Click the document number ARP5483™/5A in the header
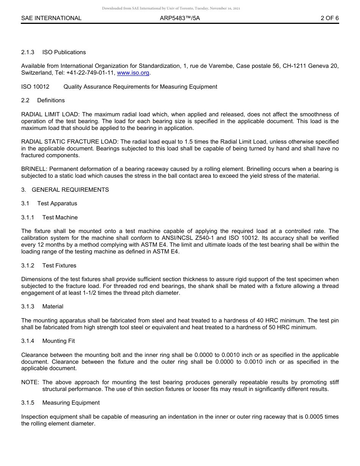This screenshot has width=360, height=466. point(180,18)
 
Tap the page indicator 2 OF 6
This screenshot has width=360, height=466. point(329,18)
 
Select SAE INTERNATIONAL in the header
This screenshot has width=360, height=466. point(51,18)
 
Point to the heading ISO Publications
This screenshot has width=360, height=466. point(64,52)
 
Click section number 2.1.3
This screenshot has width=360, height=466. point(28,52)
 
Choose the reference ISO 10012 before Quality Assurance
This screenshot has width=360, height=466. point(35,87)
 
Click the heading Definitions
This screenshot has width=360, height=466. point(51,100)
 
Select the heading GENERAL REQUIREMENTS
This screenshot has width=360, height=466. point(70,190)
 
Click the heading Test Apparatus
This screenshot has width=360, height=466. point(57,203)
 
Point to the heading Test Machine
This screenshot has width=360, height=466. point(60,217)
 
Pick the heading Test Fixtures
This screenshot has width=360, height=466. point(59,266)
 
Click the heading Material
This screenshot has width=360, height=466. point(53,306)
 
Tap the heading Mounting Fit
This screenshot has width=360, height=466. point(58,341)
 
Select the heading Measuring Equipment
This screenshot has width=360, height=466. point(71,403)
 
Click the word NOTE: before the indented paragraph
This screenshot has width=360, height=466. point(30,382)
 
